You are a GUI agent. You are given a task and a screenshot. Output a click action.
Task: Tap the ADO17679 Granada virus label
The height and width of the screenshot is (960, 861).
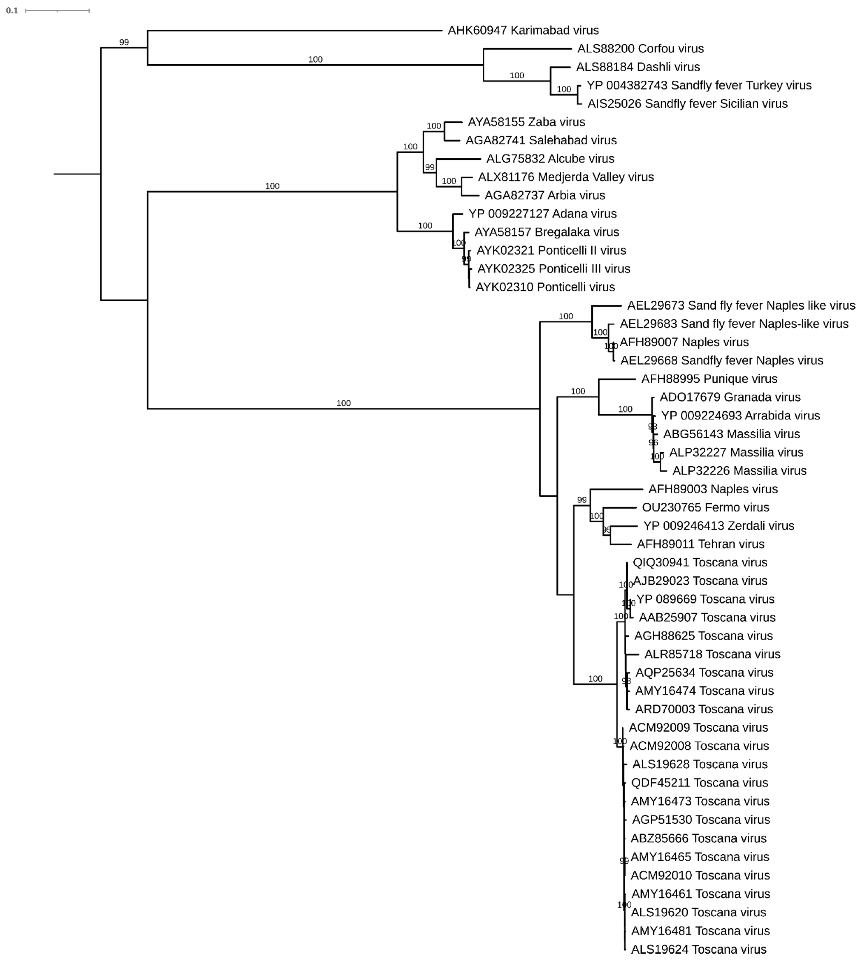point(730,397)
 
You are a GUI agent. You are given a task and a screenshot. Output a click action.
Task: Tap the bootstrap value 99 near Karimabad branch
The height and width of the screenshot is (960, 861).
point(124,42)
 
